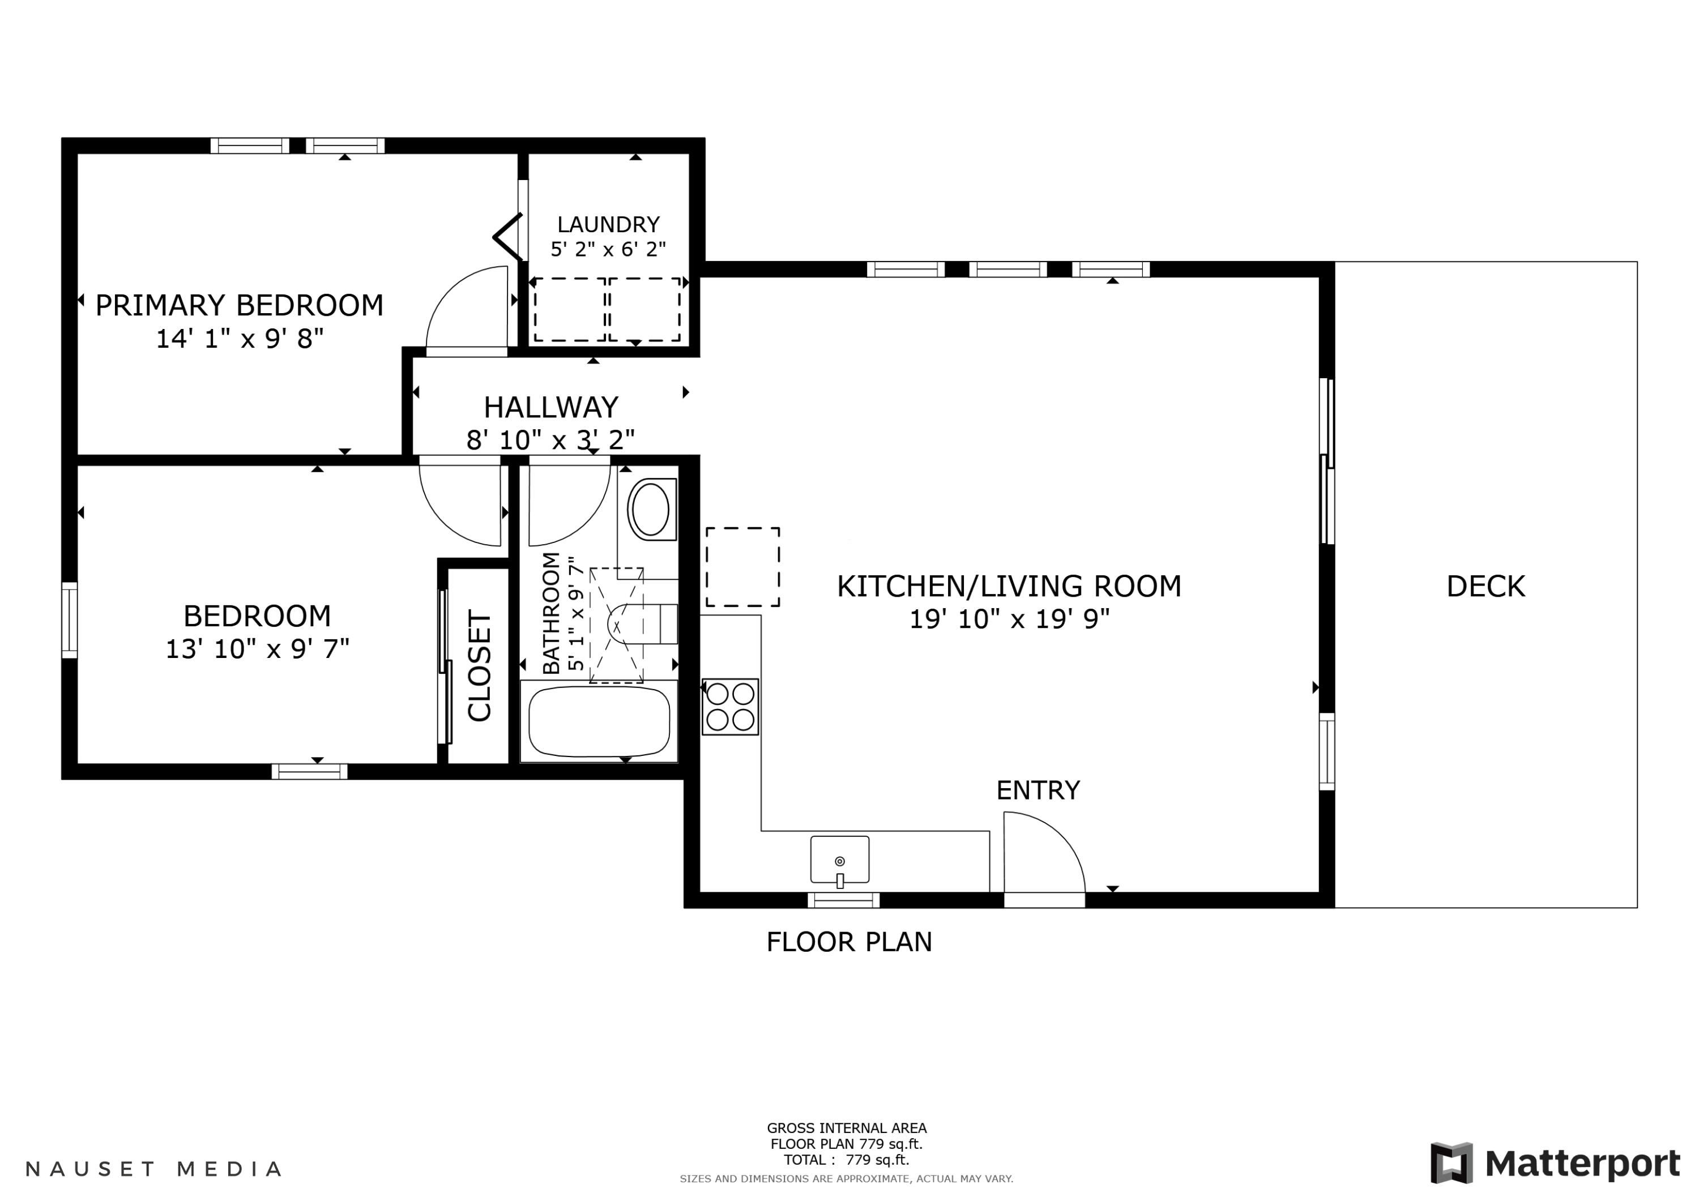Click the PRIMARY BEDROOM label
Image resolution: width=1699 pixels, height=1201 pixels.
click(x=239, y=305)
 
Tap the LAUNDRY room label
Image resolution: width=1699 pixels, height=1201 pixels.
click(x=608, y=224)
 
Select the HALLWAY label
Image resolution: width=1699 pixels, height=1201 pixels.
click(x=551, y=407)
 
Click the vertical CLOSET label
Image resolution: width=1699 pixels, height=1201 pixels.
click(x=480, y=665)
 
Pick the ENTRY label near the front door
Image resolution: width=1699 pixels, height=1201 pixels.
click(x=1038, y=790)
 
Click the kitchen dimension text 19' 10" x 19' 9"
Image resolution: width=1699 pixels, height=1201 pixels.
click(x=1009, y=619)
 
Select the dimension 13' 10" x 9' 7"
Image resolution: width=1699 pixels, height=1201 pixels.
click(x=257, y=649)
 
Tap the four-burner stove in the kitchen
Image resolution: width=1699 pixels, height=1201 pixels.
click(x=731, y=707)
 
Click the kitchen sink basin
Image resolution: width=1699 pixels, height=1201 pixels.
click(x=840, y=859)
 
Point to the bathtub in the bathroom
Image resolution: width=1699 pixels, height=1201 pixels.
click(x=599, y=721)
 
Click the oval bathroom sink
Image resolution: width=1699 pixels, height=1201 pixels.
click(x=651, y=509)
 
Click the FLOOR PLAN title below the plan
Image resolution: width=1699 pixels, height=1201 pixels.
click(x=849, y=942)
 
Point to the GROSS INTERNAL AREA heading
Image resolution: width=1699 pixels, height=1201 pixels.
click(x=847, y=1129)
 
